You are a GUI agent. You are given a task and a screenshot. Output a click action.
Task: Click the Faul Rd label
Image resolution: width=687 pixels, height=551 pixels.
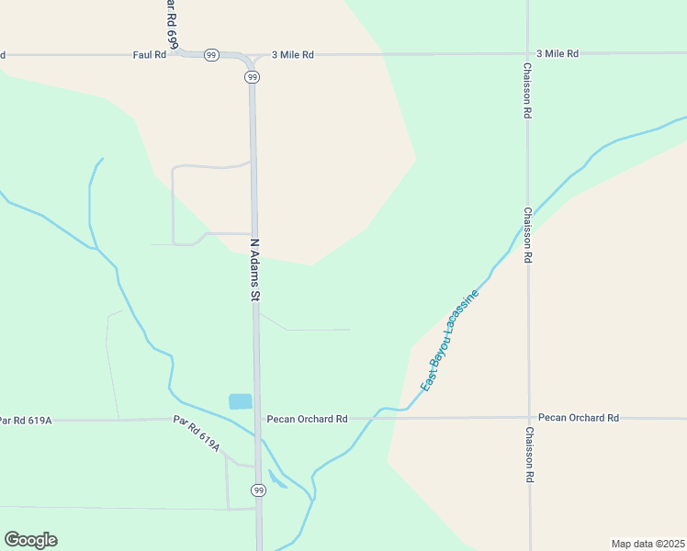[x=149, y=55]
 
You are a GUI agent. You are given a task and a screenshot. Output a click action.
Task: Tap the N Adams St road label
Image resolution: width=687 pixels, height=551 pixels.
[x=256, y=270]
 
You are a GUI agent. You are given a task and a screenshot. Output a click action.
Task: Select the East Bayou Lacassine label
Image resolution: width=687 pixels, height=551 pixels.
[x=450, y=342]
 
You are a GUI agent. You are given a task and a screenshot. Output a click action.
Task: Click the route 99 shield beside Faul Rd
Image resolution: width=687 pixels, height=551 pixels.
[x=211, y=55]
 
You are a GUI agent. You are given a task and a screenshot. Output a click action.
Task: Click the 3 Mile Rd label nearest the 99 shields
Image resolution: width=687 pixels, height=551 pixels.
[x=293, y=55]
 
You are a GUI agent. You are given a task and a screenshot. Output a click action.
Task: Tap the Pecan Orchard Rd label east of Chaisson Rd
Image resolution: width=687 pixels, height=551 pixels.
[x=579, y=418]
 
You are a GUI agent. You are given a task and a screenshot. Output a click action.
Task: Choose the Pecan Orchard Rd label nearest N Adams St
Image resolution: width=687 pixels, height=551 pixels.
[x=307, y=419]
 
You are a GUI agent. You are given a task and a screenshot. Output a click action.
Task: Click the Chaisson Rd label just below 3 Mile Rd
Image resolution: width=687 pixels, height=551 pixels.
[x=528, y=91]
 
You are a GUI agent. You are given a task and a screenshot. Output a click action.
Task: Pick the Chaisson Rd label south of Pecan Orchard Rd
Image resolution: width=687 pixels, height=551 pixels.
[x=530, y=455]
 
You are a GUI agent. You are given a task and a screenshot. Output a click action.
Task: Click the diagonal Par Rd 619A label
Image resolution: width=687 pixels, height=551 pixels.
[x=197, y=433]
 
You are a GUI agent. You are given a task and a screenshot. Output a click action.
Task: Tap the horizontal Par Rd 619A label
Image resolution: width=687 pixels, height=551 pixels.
[x=26, y=421]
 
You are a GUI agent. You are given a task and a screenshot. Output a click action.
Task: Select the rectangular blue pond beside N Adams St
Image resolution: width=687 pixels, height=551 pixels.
[x=240, y=401]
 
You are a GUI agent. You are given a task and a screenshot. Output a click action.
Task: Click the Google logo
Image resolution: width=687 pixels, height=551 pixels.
[x=31, y=540]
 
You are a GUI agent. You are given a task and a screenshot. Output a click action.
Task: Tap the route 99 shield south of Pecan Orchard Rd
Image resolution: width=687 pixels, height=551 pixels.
[x=259, y=491]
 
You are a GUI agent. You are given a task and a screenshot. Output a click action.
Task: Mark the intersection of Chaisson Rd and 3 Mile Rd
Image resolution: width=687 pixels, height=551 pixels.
[x=528, y=53]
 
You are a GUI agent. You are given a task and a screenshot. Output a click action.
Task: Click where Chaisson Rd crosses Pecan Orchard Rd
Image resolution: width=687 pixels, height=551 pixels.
[x=529, y=418]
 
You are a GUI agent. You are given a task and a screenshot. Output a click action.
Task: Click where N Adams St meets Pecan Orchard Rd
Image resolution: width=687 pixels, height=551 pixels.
[x=257, y=419]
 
